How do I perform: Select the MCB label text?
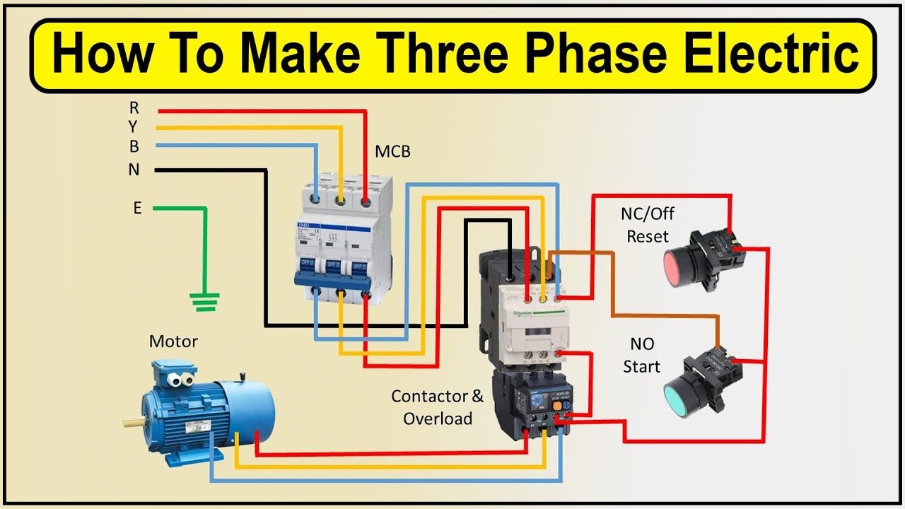[x=392, y=151]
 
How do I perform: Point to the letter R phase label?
[x=134, y=108]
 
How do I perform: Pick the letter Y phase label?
[x=134, y=127]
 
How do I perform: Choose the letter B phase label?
[x=134, y=147]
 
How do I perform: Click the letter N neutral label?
[x=134, y=170]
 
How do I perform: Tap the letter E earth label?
[x=137, y=209]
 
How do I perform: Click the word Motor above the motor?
[x=173, y=341]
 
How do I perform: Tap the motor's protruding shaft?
[x=132, y=422]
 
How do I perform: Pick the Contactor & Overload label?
[x=438, y=407]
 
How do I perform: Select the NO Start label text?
[x=642, y=355]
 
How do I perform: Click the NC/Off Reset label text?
[x=648, y=224]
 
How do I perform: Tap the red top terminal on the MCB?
[x=366, y=202]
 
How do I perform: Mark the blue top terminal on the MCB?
[x=316, y=201]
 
